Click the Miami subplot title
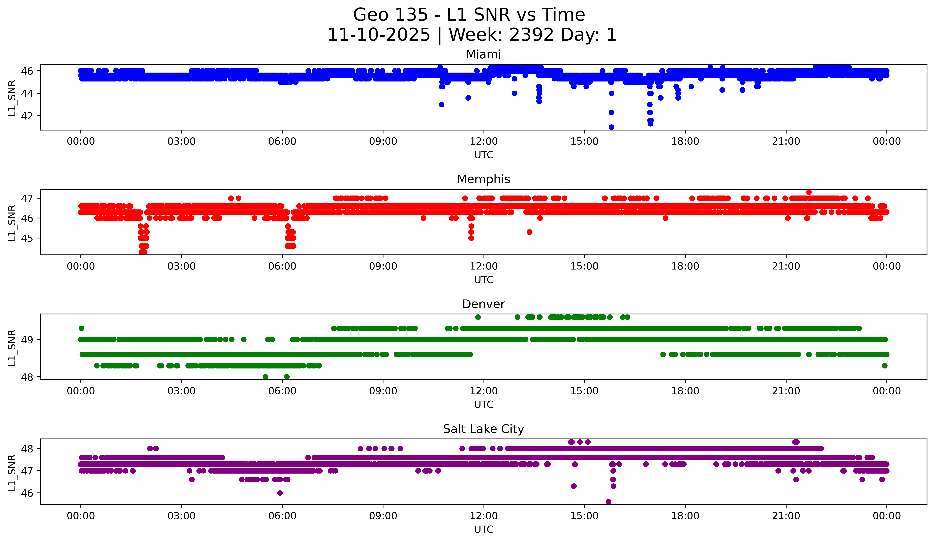tap(483, 55)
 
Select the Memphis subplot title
tap(483, 179)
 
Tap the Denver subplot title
tap(483, 304)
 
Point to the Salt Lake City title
tap(483, 429)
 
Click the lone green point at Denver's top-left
tap(82, 328)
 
